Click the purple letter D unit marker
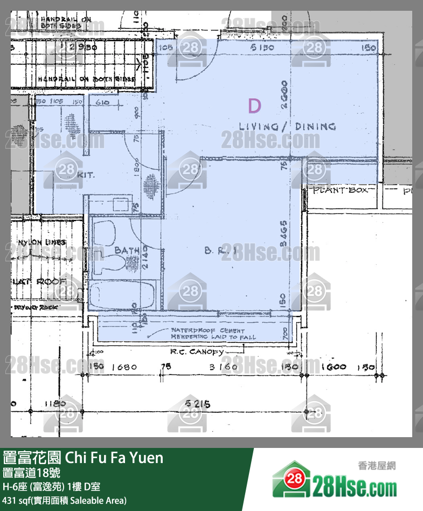pos(254,106)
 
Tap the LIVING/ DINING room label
pos(287,127)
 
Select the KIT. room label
pos(85,175)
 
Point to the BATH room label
pos(127,251)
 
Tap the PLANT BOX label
pos(341,190)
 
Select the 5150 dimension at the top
pos(262,49)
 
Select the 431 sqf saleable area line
pos(65,500)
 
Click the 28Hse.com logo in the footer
pos(335,481)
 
